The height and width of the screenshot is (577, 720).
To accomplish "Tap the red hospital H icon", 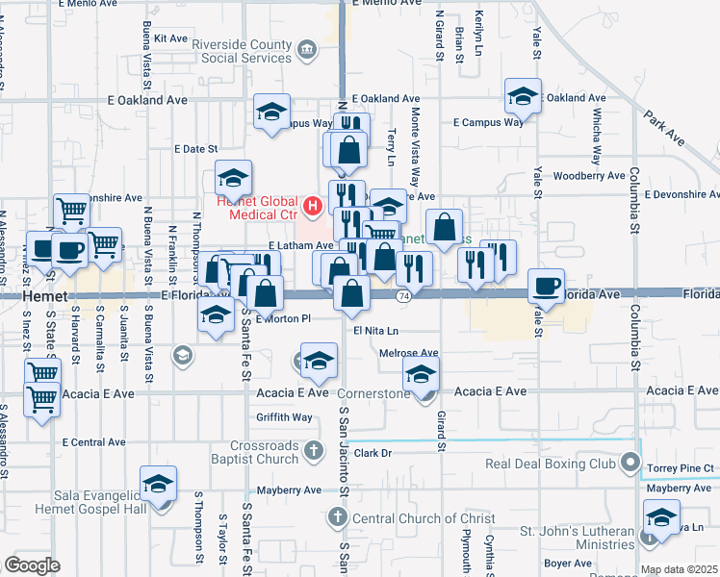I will coord(312,205).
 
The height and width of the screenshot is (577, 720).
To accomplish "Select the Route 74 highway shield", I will coord(404,296).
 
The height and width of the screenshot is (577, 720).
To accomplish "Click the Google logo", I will coord(32,565).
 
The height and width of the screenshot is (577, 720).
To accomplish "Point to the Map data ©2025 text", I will coord(679,569).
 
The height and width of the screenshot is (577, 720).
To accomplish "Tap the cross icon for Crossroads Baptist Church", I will coord(313,450).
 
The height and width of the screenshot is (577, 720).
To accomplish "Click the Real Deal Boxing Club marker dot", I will coord(630,464).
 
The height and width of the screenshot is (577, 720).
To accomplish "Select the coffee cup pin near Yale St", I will coord(547,287).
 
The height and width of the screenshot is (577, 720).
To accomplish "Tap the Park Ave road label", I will coord(663,128).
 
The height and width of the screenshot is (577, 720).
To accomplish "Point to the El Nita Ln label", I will coord(374,331).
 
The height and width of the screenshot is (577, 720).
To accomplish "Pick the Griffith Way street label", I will coord(285,417).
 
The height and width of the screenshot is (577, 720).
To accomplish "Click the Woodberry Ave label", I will coord(590,176).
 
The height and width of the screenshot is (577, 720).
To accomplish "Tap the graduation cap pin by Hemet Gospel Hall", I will coord(159,483).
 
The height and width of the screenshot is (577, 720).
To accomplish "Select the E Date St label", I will coord(196,149).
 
